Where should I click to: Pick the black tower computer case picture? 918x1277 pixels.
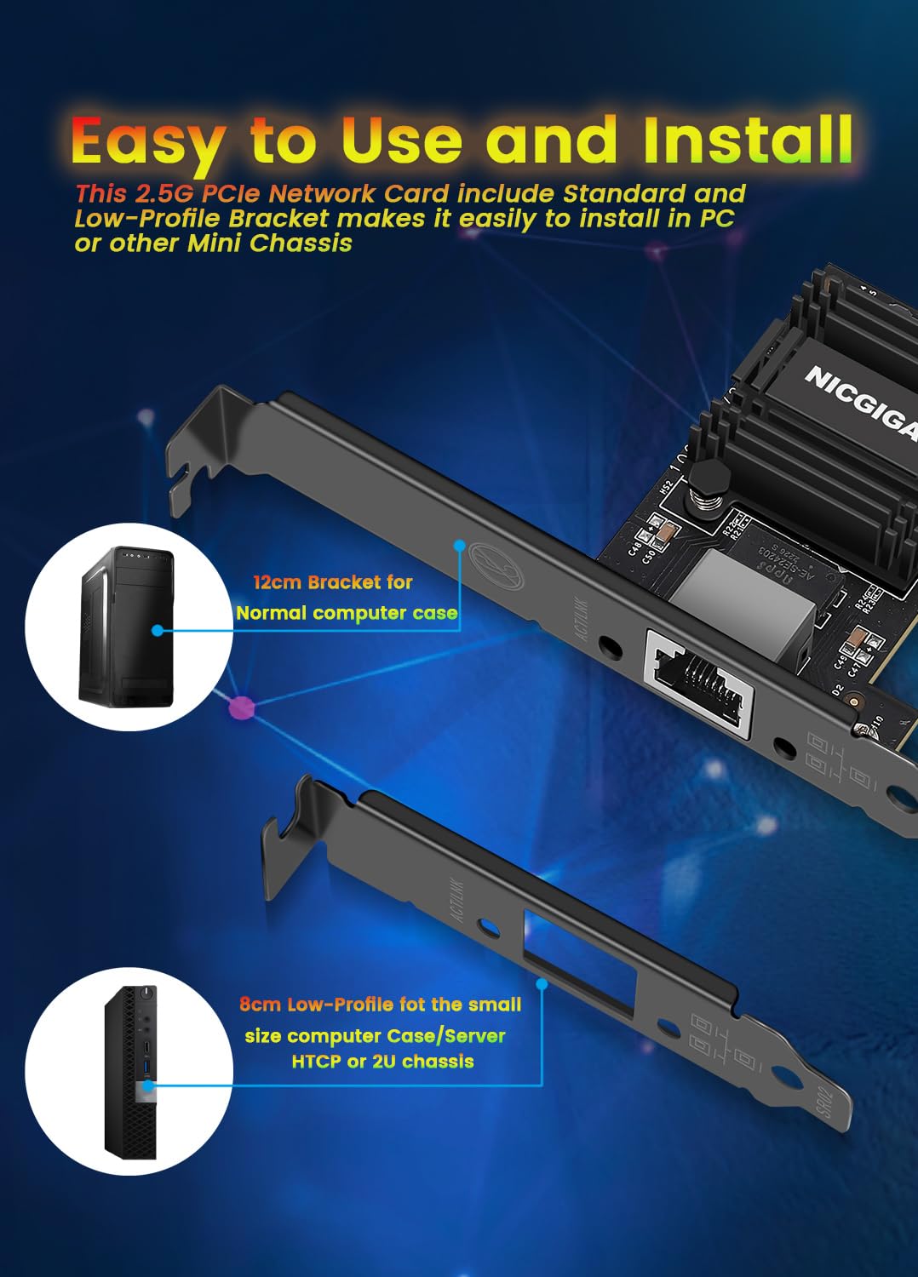(127, 627)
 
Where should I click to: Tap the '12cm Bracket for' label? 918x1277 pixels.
(332, 583)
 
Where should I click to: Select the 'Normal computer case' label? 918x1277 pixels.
(346, 613)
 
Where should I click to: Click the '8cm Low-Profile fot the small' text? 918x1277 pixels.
(380, 1005)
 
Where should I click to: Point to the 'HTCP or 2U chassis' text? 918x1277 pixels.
(382, 1062)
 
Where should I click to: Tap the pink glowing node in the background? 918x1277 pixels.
(242, 707)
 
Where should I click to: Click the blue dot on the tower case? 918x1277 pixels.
(158, 631)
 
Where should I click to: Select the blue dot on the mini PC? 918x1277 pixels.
(150, 1085)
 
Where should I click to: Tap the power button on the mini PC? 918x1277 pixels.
(148, 993)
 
